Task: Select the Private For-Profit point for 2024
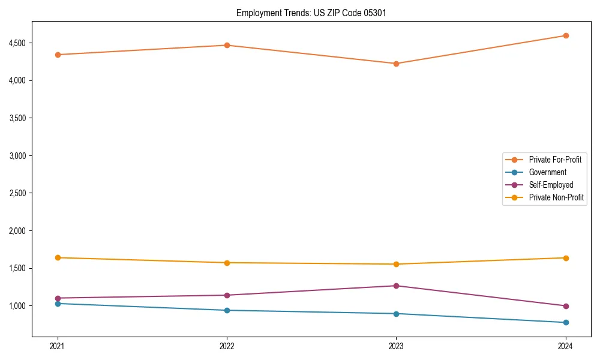(565, 35)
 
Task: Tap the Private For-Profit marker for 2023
(396, 64)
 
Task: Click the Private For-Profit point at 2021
(58, 55)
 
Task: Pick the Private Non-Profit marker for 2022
(227, 263)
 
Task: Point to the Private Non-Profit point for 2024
(565, 258)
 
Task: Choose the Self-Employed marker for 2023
(396, 286)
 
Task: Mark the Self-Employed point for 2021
(58, 298)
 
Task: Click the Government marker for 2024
(565, 323)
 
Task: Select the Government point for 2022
(227, 310)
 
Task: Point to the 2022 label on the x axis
(227, 346)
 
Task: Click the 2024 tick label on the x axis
(565, 346)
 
